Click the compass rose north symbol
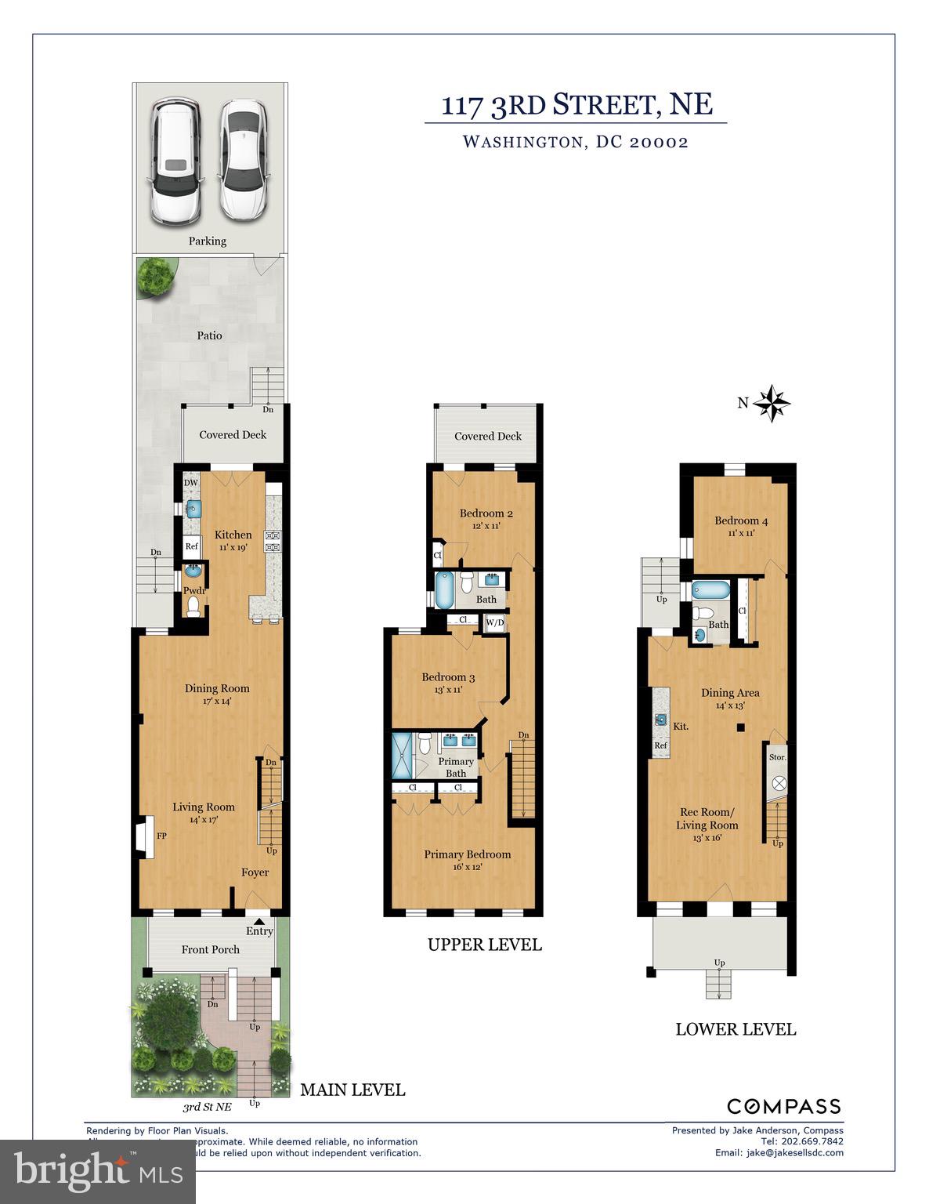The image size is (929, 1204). [x=772, y=404]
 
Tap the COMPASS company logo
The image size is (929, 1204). [x=784, y=1106]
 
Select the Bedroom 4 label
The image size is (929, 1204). [x=740, y=520]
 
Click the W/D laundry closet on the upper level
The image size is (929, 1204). [x=495, y=623]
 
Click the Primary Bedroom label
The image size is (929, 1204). [x=467, y=854]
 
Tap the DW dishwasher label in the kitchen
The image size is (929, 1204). [x=190, y=483]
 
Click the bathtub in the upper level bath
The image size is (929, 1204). [x=443, y=590]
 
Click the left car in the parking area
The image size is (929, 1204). [x=175, y=159]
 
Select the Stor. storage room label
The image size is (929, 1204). [x=777, y=757]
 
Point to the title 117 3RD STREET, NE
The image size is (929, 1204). [x=577, y=105]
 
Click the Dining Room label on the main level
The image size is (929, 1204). [x=217, y=688]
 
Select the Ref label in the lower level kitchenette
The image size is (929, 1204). [x=661, y=745]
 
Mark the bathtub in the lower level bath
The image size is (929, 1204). [x=710, y=590]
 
